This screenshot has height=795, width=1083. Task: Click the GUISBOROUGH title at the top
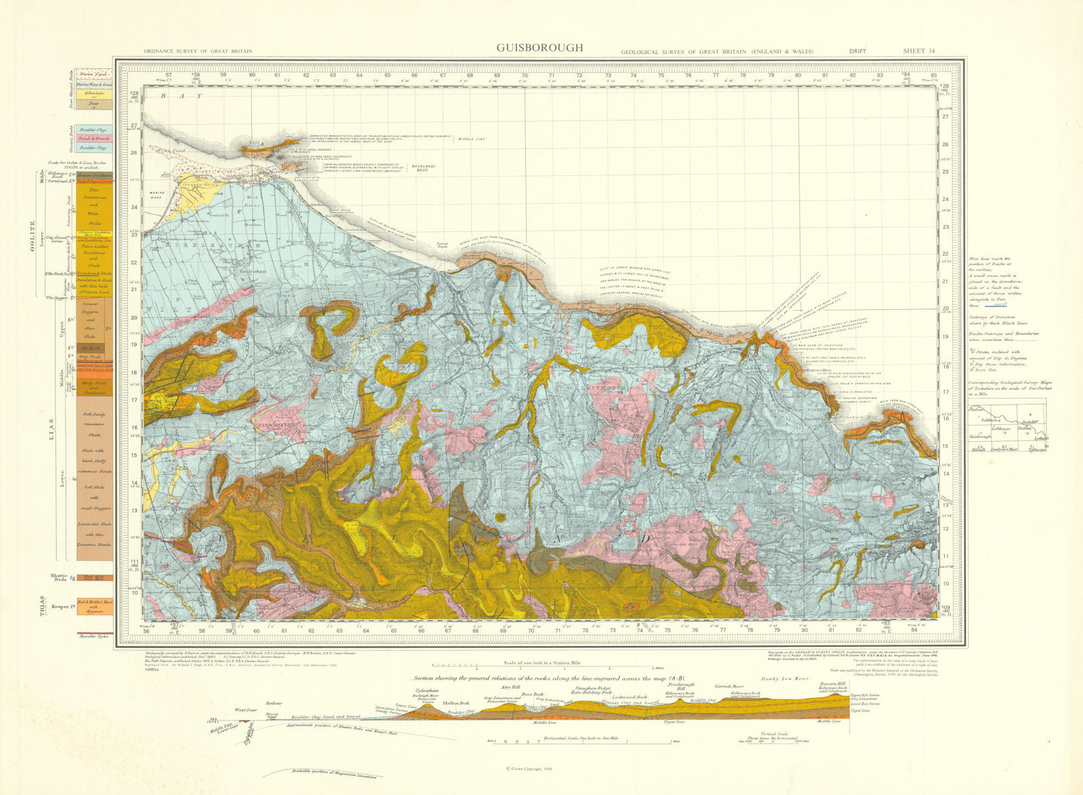(x=539, y=48)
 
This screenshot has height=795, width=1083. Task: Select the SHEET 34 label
(x=919, y=51)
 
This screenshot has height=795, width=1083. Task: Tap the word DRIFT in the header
(x=858, y=51)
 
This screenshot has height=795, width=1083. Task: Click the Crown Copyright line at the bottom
(x=530, y=769)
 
